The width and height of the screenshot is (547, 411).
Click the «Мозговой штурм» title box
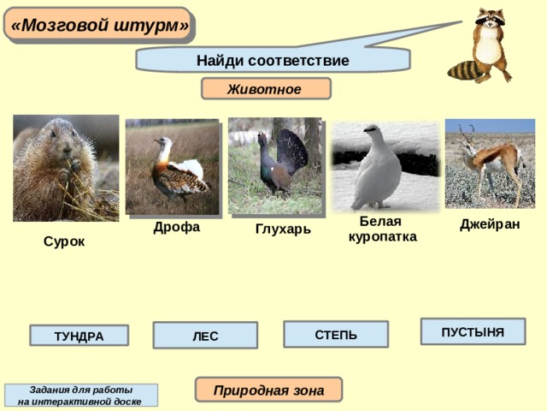click(99, 25)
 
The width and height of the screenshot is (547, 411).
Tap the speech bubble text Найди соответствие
click(273, 61)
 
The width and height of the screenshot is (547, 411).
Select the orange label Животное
click(266, 89)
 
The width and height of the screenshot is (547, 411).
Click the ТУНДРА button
click(79, 336)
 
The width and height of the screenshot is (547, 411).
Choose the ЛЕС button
click(205, 335)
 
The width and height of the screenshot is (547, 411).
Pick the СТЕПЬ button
click(336, 334)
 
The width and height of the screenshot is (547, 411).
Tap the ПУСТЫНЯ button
click(473, 331)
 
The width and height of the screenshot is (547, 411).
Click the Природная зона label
click(268, 390)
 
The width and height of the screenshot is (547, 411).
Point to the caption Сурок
click(64, 241)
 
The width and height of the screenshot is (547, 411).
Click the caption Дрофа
click(177, 227)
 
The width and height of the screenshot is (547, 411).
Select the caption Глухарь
click(283, 229)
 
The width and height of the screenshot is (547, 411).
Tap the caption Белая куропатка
click(383, 229)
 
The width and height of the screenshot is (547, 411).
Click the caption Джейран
click(490, 224)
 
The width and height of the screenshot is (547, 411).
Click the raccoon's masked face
click(490, 18)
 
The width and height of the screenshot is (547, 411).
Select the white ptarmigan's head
click(373, 131)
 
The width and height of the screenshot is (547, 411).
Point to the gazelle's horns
click(467, 134)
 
